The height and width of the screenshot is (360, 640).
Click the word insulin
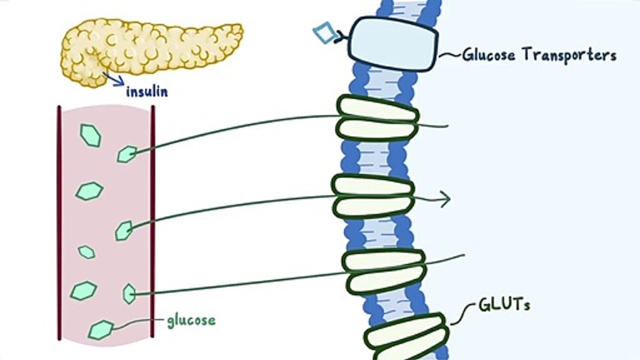tap(146, 92)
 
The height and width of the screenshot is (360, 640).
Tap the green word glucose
tap(191, 320)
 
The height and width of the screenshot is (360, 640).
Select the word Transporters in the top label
tap(569, 54)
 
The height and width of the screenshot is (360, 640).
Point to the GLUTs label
tap(504, 305)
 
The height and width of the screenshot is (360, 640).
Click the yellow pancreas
tap(150, 47)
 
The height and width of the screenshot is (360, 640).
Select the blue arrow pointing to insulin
tap(114, 79)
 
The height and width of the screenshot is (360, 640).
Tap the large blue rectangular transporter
tap(393, 44)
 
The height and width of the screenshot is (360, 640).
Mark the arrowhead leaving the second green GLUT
tap(445, 199)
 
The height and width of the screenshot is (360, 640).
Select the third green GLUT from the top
tap(384, 272)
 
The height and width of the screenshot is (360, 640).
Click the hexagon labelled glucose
tap(101, 329)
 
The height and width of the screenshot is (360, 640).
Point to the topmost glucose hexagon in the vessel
tap(90, 135)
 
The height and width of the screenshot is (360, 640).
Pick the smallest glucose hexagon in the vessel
tap(86, 251)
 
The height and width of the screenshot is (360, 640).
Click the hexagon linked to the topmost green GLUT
tap(127, 154)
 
